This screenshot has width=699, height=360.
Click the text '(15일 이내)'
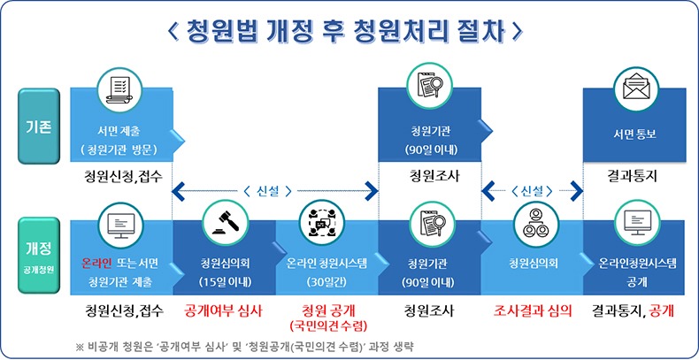pos(223,283)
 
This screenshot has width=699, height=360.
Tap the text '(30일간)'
pos(326,283)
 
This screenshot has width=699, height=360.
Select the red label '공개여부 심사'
pos(223,311)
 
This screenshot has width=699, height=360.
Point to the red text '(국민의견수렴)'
pos(326,327)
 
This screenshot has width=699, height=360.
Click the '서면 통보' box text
pos(634,135)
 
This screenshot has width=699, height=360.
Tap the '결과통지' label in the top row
pos(634,176)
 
